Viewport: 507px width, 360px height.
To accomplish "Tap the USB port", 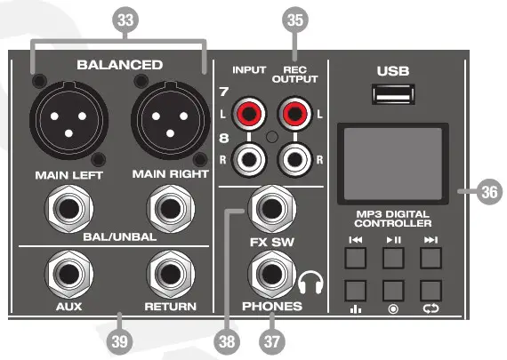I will coord(392,94).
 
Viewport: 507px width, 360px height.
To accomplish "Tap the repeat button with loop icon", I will coord(431,291).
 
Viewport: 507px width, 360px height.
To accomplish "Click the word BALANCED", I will coord(119,65).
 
